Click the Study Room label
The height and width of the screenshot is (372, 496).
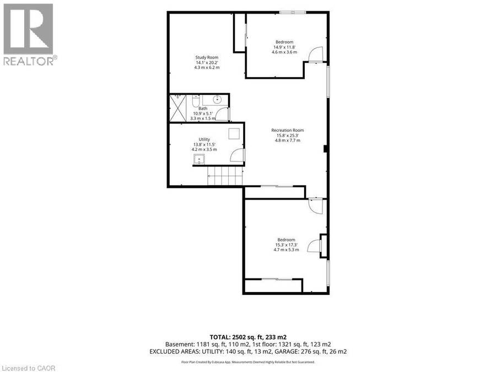tap(207, 57)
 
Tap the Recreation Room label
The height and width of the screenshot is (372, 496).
tap(288, 130)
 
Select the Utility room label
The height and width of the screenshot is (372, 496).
tap(204, 139)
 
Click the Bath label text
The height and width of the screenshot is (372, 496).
tap(203, 109)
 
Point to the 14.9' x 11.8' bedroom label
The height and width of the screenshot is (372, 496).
tap(284, 47)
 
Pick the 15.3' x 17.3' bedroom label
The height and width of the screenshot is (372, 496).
tap(286, 245)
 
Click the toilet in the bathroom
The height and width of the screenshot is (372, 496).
tap(196, 100)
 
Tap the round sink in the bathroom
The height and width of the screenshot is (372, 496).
tap(217, 100)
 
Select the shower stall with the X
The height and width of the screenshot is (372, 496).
tap(178, 108)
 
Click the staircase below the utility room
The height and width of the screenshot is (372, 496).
tap(225, 176)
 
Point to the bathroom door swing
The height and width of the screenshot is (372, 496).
tap(223, 114)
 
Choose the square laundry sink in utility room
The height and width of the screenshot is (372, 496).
tap(199, 159)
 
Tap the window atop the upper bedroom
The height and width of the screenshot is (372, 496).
tap(293, 13)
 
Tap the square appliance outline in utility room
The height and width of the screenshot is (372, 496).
tap(235, 133)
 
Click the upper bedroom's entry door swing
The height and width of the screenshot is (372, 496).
tap(315, 54)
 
